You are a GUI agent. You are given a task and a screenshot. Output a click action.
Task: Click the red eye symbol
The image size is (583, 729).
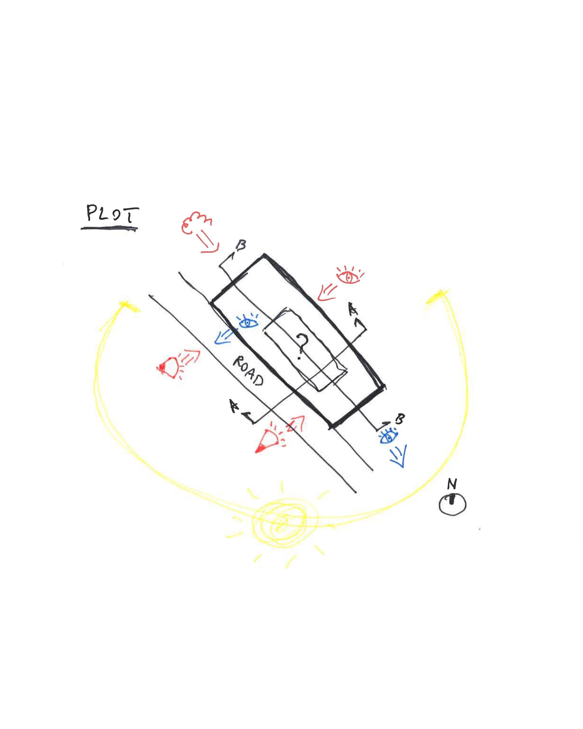tap(349, 275)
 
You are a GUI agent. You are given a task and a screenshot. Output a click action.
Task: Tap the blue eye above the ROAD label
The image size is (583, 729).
tap(248, 321)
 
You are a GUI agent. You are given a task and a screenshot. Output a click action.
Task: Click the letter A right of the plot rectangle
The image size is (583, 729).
tap(353, 310)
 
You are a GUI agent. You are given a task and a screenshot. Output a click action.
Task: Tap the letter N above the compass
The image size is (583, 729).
tap(452, 484)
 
